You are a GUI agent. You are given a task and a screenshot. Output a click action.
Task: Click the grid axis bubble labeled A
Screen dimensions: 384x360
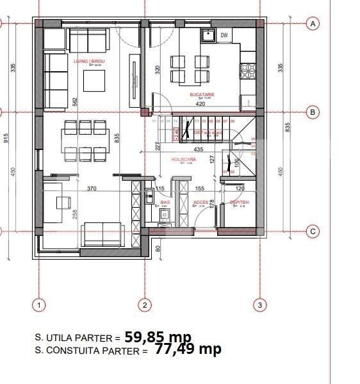[313, 24]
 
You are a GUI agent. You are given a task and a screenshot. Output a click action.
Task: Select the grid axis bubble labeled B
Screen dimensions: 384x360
[313, 112]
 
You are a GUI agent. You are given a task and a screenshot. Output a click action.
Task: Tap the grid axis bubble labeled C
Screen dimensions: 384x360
[313, 232]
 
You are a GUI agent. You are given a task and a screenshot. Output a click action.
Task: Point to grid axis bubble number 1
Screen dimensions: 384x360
[38, 305]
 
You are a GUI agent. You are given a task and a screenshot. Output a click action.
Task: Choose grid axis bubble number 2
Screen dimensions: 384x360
[145, 305]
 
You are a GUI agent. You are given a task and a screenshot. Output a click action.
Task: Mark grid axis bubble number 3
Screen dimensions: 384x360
[260, 305]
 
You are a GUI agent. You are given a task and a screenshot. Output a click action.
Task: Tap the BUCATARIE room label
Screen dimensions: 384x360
[202, 95]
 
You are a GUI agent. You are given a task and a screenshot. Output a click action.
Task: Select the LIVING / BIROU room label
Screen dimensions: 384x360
[89, 61]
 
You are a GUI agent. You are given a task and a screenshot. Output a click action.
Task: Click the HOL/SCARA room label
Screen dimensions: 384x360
[183, 159]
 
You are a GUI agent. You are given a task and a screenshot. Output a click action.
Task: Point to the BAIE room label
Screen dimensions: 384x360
[165, 202]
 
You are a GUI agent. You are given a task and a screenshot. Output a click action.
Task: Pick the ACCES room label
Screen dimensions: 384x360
[200, 202]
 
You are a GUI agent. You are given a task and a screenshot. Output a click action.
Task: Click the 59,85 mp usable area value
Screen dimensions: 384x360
[158, 336]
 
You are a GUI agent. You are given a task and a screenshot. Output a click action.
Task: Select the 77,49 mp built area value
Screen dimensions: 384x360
[188, 349]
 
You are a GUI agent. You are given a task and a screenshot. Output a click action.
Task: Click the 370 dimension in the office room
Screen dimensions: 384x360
[92, 188]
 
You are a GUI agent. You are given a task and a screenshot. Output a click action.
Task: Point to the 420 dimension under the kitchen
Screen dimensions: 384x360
[200, 103]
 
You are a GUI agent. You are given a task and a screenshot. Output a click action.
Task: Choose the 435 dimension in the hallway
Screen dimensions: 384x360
[199, 149]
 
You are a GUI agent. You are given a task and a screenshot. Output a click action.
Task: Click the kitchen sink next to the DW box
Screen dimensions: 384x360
[207, 36]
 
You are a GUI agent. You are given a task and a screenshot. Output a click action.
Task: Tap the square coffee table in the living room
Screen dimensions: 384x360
[96, 79]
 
